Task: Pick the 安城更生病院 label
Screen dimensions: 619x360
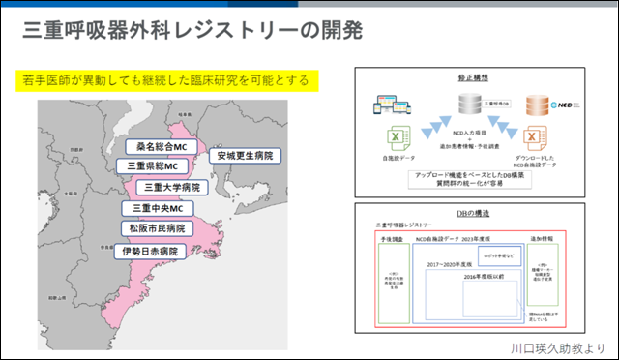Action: pos(245,155)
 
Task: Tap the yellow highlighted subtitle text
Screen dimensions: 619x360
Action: pos(169,79)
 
